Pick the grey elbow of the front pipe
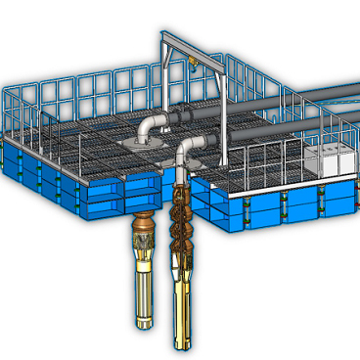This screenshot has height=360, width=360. point(189,150)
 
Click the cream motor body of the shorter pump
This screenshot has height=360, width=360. point(143,289)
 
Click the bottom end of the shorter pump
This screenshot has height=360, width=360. point(143,325)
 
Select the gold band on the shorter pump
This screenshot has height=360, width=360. point(143,256)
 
